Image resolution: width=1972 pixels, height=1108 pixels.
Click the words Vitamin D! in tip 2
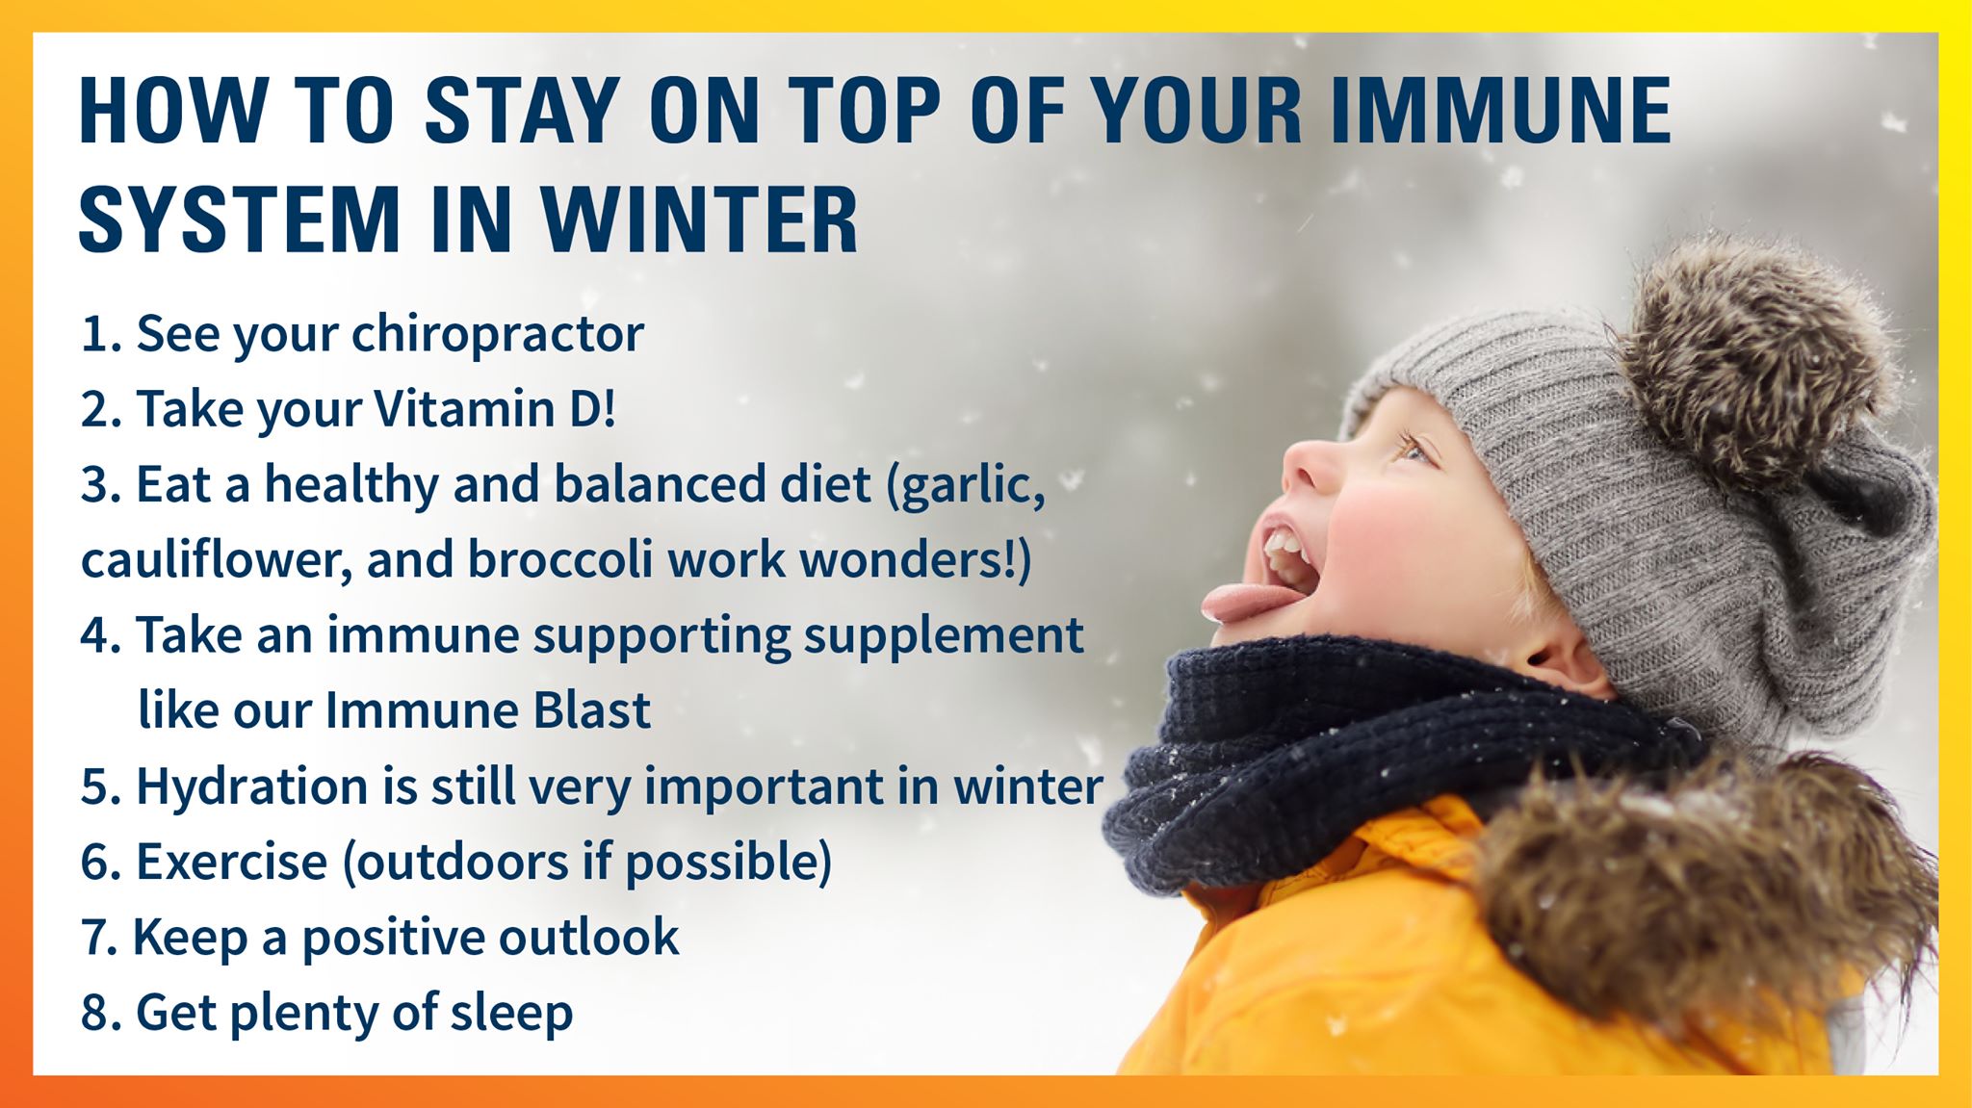coord(494,408)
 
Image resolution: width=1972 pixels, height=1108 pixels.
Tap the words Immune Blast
coord(488,710)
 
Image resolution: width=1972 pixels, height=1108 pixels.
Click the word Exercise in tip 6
coord(232,861)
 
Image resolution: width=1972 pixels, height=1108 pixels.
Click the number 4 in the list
coord(95,635)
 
